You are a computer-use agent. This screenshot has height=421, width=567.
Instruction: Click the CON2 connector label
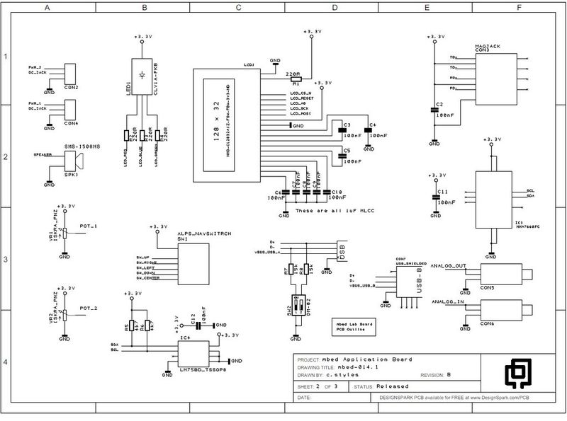70,88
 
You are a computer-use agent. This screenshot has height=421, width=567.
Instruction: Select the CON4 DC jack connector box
71,110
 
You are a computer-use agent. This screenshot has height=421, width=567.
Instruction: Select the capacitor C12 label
193,319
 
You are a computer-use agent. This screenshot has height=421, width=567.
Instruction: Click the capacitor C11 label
442,192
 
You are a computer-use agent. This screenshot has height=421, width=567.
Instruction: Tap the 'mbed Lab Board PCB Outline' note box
355,326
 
